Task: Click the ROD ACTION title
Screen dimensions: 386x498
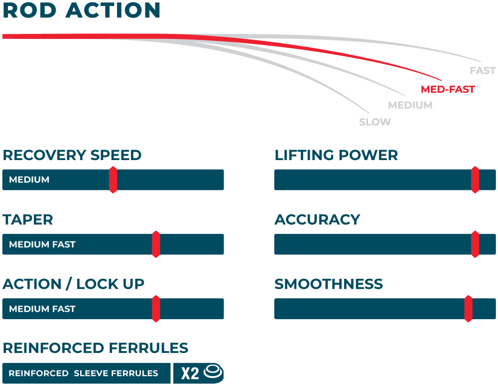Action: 82,10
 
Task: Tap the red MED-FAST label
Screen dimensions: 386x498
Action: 448,90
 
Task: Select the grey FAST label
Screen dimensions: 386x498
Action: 482,71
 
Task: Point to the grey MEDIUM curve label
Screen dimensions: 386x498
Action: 410,105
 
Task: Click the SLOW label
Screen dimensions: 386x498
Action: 375,122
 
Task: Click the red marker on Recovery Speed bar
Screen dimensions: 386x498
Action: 113,180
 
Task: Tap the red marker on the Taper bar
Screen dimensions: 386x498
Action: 156,244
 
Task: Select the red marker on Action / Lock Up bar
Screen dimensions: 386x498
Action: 156,309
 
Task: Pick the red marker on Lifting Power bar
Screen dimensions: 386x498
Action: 475,180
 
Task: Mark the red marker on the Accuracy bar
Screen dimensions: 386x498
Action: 475,244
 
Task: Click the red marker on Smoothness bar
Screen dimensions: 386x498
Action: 468,309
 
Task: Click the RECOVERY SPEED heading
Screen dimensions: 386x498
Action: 72,155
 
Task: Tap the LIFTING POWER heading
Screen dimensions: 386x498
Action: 336,155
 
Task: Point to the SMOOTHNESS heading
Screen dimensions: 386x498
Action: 329,284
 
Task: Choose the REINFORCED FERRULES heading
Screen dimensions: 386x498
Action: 96,348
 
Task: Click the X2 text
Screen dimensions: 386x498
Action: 190,373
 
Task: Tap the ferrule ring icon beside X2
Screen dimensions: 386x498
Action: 214,372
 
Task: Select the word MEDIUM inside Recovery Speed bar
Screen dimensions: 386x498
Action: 29,180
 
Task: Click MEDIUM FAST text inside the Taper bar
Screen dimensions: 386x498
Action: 42,245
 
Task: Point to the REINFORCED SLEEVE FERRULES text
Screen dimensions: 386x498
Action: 83,373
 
